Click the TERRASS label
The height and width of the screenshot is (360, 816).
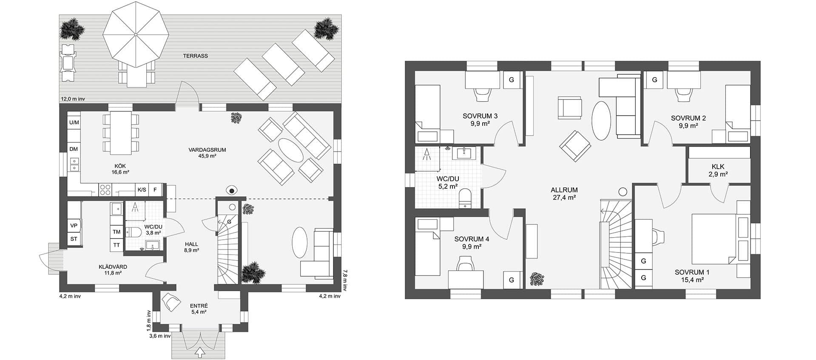pyautogui.click(x=195, y=56)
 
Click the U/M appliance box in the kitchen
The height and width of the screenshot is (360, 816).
pyautogui.click(x=74, y=122)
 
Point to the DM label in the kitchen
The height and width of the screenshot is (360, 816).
pyautogui.click(x=74, y=149)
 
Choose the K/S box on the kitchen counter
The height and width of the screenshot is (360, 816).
pyautogui.click(x=141, y=190)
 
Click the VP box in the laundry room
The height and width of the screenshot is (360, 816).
pyautogui.click(x=74, y=226)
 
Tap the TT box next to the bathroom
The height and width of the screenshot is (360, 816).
pyautogui.click(x=117, y=245)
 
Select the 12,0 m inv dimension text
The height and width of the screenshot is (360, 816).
pyautogui.click(x=73, y=99)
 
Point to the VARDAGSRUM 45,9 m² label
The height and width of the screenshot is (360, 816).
pyautogui.click(x=207, y=153)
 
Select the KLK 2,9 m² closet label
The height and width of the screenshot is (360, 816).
pyautogui.click(x=718, y=170)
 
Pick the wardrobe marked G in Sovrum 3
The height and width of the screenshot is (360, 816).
pyautogui.click(x=512, y=80)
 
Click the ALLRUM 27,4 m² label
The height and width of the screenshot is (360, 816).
pyautogui.click(x=564, y=193)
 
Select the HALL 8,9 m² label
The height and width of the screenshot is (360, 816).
pyautogui.click(x=192, y=247)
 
